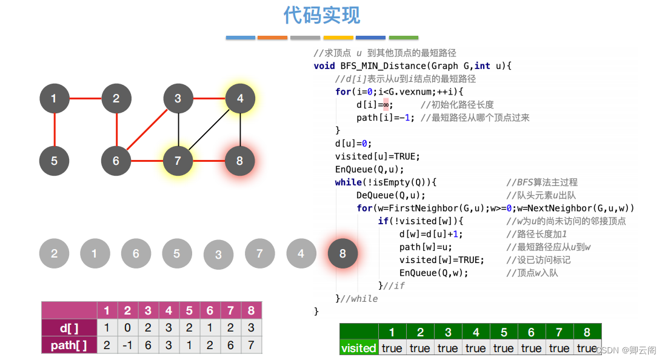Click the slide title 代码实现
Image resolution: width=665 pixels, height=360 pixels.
click(x=322, y=15)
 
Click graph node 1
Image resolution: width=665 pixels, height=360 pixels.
click(x=54, y=98)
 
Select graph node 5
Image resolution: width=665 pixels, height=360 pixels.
click(x=54, y=161)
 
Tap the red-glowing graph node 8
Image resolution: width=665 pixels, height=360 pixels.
click(x=240, y=161)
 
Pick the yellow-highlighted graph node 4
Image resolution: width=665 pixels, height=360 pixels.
click(x=240, y=98)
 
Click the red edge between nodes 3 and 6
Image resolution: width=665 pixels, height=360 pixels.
click(x=147, y=130)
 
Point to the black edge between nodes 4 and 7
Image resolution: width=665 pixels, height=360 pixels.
click(x=209, y=130)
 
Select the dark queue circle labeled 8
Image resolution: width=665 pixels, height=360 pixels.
click(x=343, y=254)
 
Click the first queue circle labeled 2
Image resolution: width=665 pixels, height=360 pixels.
click(x=54, y=253)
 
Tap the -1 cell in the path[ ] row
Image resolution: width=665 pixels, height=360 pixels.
click(x=127, y=345)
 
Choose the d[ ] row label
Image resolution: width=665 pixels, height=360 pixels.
click(x=69, y=328)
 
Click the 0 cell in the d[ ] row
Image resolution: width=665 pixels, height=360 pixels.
click(x=127, y=328)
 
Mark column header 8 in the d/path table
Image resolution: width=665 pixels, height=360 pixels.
click(x=251, y=311)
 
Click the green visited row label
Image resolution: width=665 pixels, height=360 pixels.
click(x=358, y=348)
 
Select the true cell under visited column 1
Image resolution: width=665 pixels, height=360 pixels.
click(x=392, y=348)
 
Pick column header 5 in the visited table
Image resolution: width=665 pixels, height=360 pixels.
click(x=504, y=332)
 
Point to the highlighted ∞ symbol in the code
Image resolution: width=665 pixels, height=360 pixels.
click(x=386, y=104)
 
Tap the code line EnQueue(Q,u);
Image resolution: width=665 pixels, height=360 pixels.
click(x=369, y=169)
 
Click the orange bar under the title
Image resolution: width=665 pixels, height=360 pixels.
click(x=272, y=38)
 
